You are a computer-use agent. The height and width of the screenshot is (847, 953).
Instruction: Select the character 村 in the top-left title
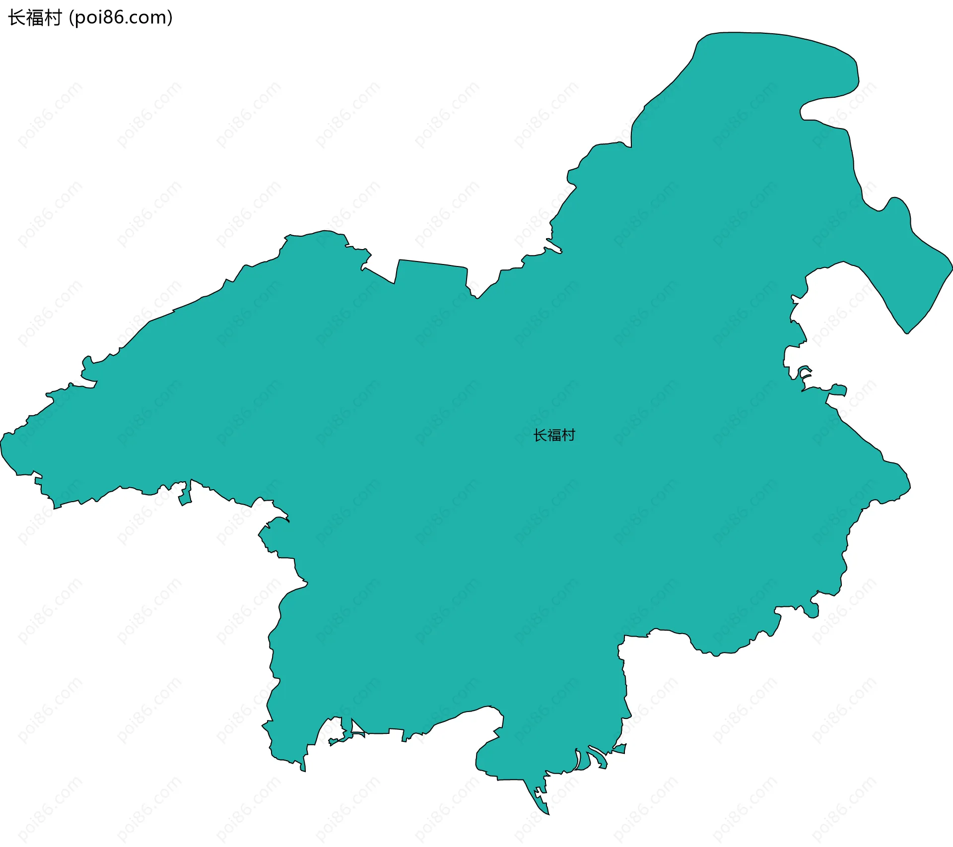click(x=52, y=18)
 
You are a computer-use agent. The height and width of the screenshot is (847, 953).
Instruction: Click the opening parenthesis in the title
click(x=71, y=18)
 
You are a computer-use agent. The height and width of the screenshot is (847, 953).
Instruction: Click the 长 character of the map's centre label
click(x=540, y=436)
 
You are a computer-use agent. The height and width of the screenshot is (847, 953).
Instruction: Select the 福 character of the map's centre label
click(x=554, y=436)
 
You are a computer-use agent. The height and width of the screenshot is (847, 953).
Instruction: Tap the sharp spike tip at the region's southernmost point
click(x=548, y=813)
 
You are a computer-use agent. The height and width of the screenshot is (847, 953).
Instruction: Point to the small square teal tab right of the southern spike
click(x=620, y=748)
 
